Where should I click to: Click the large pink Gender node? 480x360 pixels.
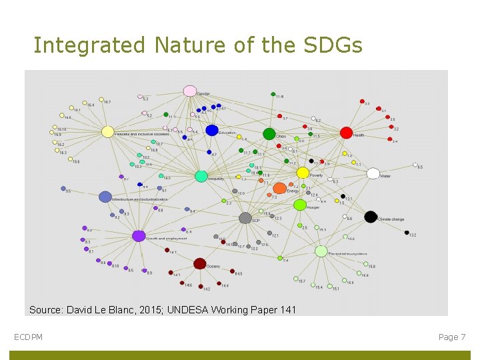[x=189, y=91]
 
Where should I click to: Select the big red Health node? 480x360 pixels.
[x=346, y=133]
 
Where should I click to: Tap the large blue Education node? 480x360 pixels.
[x=212, y=131]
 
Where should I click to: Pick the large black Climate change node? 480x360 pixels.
[x=371, y=217]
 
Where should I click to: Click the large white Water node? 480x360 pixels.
[x=373, y=174]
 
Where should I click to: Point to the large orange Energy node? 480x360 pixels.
[x=279, y=189]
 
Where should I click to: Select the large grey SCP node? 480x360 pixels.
[x=245, y=218]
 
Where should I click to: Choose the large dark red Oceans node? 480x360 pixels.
[x=199, y=263]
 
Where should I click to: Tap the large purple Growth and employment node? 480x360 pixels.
[x=139, y=235]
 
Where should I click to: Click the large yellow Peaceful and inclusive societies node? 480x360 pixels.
[x=107, y=132]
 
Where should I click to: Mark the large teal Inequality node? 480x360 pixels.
[x=201, y=176]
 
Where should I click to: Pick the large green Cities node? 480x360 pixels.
[x=269, y=134]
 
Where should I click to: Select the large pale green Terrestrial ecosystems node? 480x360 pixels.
[x=321, y=251]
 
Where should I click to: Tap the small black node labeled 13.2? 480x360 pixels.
[x=407, y=233]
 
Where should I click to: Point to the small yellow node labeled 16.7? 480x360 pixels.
[x=102, y=101]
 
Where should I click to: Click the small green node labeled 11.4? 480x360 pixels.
[x=273, y=94]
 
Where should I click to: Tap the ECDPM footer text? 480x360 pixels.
[x=28, y=337]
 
